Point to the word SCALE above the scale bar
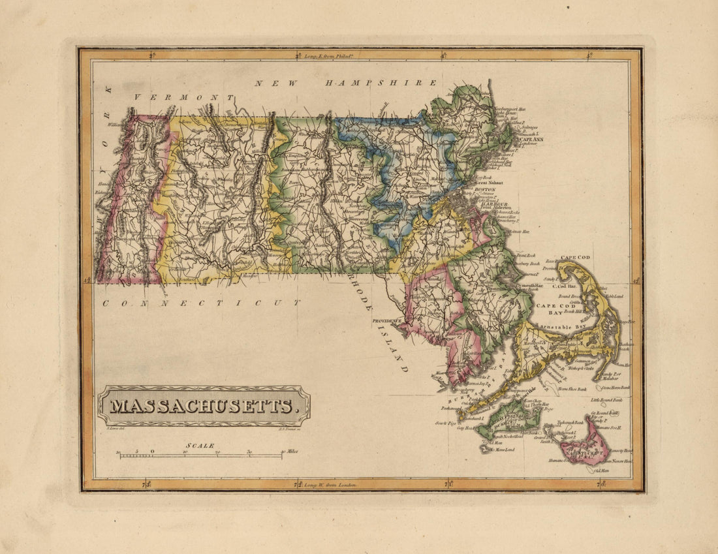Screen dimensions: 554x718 click(x=202, y=446)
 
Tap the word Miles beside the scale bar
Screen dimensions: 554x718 click(x=291, y=452)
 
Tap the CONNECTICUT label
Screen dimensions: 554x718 click(x=200, y=303)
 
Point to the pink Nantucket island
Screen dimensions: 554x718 click(x=584, y=444)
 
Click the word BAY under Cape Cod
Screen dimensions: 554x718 click(x=546, y=313)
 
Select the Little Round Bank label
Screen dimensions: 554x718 click(x=607, y=399)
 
